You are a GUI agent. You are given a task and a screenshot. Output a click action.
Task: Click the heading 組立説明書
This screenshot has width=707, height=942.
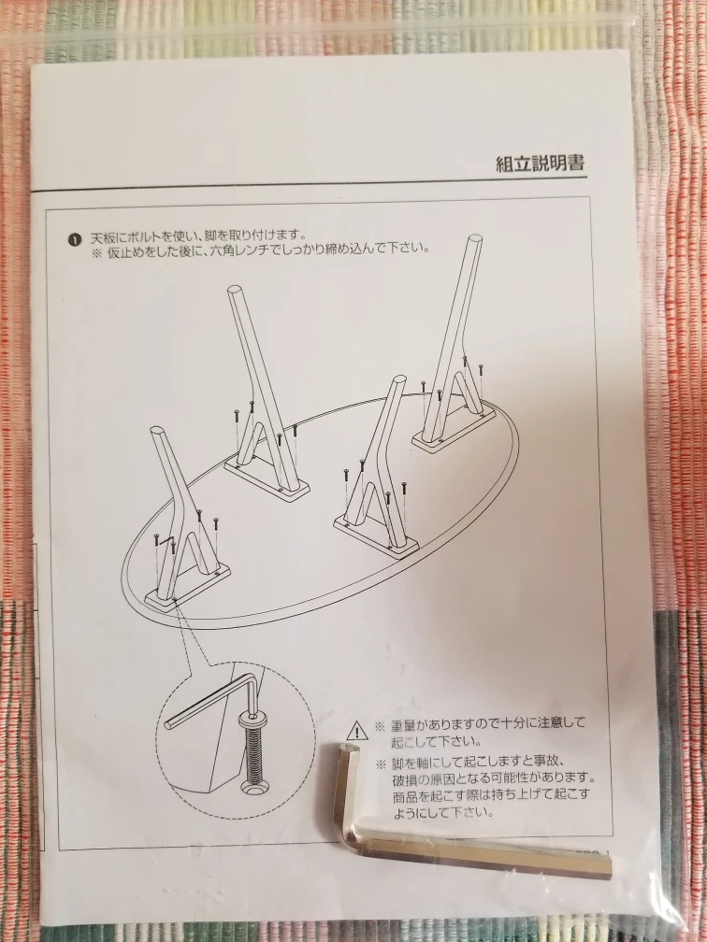click(540, 163)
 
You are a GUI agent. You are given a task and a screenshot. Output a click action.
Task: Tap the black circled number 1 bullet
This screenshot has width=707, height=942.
click(74, 239)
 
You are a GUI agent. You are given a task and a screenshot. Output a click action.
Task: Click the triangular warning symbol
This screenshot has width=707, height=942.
click(357, 731)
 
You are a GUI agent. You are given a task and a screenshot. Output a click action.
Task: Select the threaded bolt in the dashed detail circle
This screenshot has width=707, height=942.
click(253, 746)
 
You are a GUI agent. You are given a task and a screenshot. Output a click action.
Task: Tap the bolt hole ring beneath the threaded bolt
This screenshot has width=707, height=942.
click(255, 787)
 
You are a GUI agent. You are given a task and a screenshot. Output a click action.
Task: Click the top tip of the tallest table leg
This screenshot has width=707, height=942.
click(474, 239)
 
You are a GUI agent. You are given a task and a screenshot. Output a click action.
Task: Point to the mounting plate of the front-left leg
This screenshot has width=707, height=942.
click(188, 586)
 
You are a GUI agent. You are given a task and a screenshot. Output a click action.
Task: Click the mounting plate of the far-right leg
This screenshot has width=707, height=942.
click(454, 425)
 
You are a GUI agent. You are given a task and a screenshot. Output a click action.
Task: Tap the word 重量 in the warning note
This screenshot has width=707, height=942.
click(402, 724)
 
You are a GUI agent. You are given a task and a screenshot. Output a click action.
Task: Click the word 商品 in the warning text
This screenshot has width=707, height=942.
click(404, 796)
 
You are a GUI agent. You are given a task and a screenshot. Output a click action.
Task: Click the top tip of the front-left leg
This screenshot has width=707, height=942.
click(157, 431)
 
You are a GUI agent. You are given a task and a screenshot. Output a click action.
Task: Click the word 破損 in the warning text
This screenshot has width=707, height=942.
click(404, 779)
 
